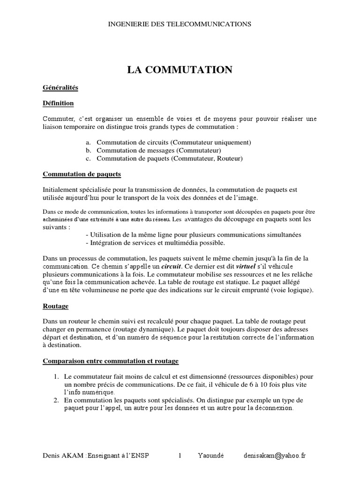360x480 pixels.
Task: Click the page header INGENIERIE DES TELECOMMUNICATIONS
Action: click(180, 24)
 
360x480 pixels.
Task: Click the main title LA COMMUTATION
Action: click(180, 70)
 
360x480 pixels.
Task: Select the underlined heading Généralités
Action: click(60, 87)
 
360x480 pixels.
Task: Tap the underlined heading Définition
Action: click(58, 103)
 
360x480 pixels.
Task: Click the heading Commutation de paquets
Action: click(82, 174)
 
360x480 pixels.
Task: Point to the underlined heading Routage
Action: click(55, 306)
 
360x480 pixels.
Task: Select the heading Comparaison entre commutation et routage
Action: click(110, 361)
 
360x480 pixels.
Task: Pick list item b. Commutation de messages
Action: click(153, 150)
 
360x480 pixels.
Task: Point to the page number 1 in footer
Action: click(180, 456)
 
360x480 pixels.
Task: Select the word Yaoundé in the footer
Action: click(210, 456)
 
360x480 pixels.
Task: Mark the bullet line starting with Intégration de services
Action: click(156, 242)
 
